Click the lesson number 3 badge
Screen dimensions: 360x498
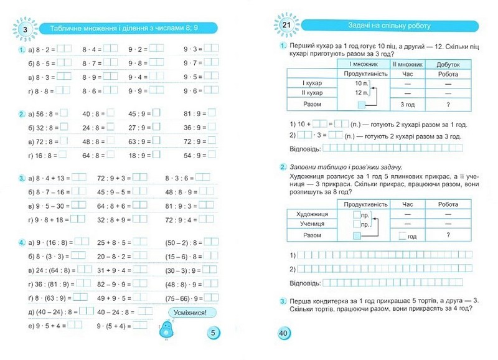(x=24, y=29)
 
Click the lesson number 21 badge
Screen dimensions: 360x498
(x=286, y=26)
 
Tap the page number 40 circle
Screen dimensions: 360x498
(x=283, y=334)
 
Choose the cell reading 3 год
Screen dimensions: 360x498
(x=407, y=104)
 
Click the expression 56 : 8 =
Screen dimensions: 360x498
(x=44, y=114)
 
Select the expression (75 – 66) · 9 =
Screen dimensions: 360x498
(x=186, y=298)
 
